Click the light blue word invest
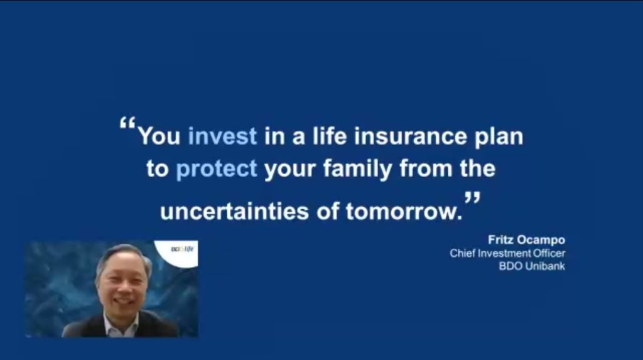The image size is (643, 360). click(x=222, y=136)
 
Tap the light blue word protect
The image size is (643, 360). click(x=217, y=169)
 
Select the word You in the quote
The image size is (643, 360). click(x=159, y=136)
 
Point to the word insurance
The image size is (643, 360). click(x=411, y=136)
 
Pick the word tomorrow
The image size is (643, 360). click(x=404, y=212)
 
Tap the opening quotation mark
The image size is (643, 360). click(x=127, y=123)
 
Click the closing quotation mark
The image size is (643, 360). click(x=472, y=199)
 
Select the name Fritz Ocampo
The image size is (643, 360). click(x=527, y=240)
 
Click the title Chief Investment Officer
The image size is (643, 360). click(x=507, y=253)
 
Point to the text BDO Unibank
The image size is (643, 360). click(x=532, y=266)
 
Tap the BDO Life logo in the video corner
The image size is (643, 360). click(x=182, y=249)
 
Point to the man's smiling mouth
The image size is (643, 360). click(x=122, y=302)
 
